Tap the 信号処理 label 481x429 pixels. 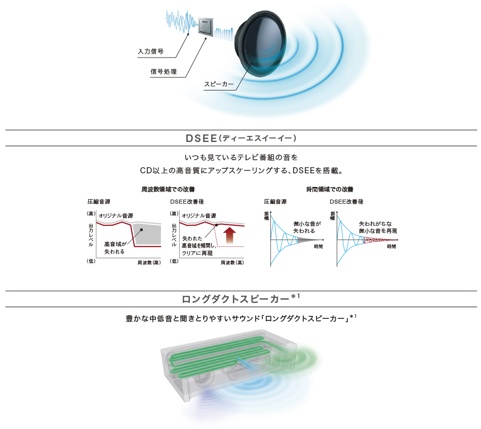164,72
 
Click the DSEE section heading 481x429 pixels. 240,138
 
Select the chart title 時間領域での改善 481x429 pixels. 330,189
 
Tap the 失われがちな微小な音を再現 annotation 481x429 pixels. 378,227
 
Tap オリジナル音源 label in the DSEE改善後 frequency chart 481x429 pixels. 199,215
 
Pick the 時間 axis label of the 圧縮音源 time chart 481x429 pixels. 318,246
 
